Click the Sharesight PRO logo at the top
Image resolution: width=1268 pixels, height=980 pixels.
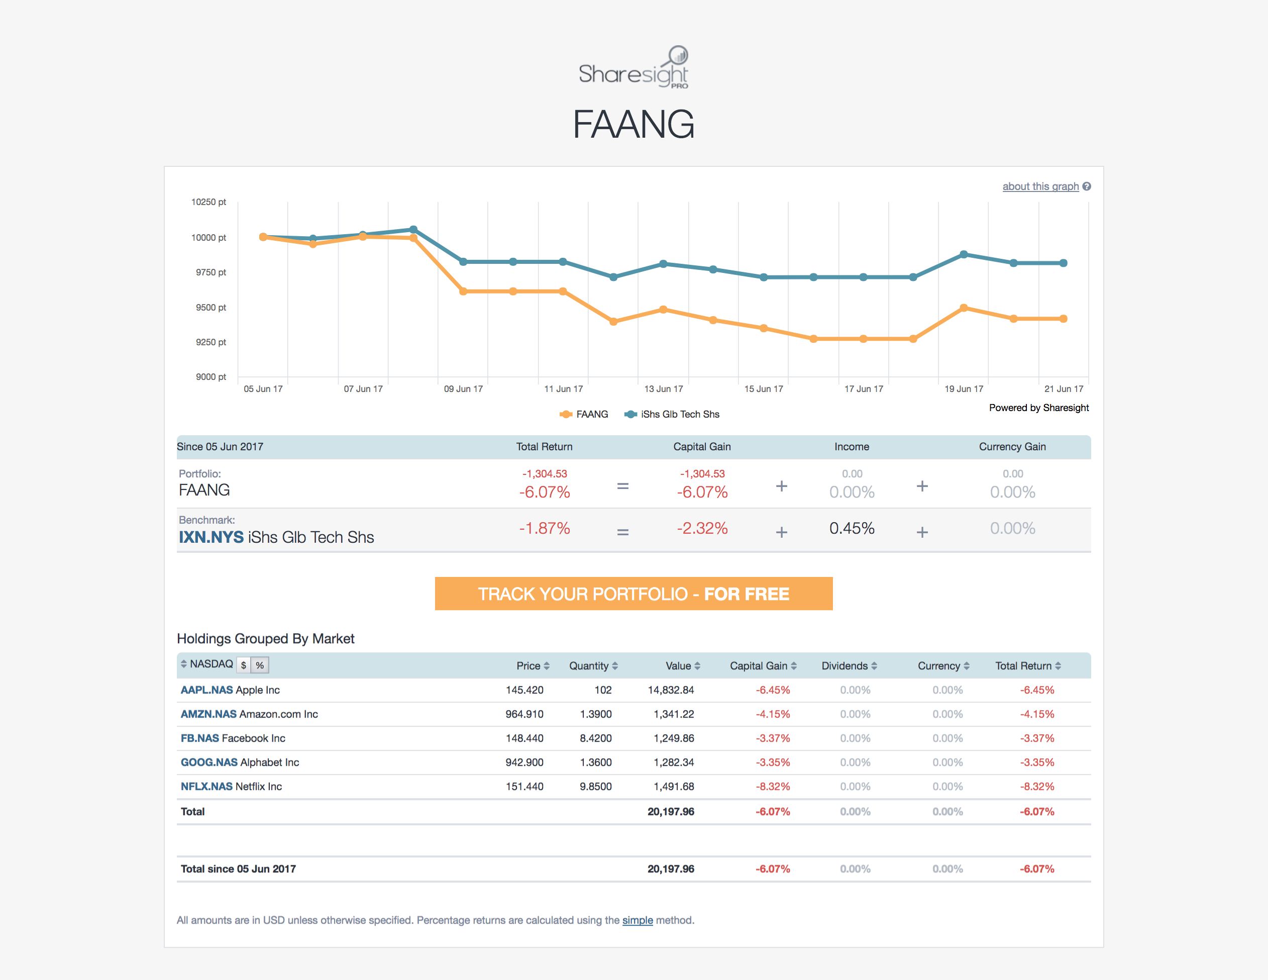(x=633, y=68)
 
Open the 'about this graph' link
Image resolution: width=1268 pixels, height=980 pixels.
(x=1040, y=186)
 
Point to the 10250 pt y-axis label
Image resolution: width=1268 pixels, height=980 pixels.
(x=208, y=202)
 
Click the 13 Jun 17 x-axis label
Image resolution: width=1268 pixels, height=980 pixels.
(x=663, y=388)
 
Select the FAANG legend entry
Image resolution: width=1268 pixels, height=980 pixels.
(x=585, y=414)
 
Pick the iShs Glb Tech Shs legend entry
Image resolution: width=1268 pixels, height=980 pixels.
(x=672, y=414)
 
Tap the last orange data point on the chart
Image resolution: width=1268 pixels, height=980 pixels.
(x=1063, y=319)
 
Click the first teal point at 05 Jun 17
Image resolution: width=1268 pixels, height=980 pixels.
(x=263, y=236)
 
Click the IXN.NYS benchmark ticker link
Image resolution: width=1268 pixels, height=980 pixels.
(x=211, y=537)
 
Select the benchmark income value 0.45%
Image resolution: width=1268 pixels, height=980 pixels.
(x=851, y=528)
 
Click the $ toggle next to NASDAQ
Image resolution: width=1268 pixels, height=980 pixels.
(x=244, y=665)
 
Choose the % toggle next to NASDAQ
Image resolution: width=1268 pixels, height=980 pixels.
(x=260, y=665)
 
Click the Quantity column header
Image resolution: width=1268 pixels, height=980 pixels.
(x=593, y=666)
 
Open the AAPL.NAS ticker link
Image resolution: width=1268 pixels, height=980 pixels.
(x=206, y=690)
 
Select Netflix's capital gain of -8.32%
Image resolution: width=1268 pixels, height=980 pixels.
(x=772, y=787)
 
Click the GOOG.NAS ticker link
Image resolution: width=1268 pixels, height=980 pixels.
(x=209, y=762)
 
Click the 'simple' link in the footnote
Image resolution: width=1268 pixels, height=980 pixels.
(x=637, y=920)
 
